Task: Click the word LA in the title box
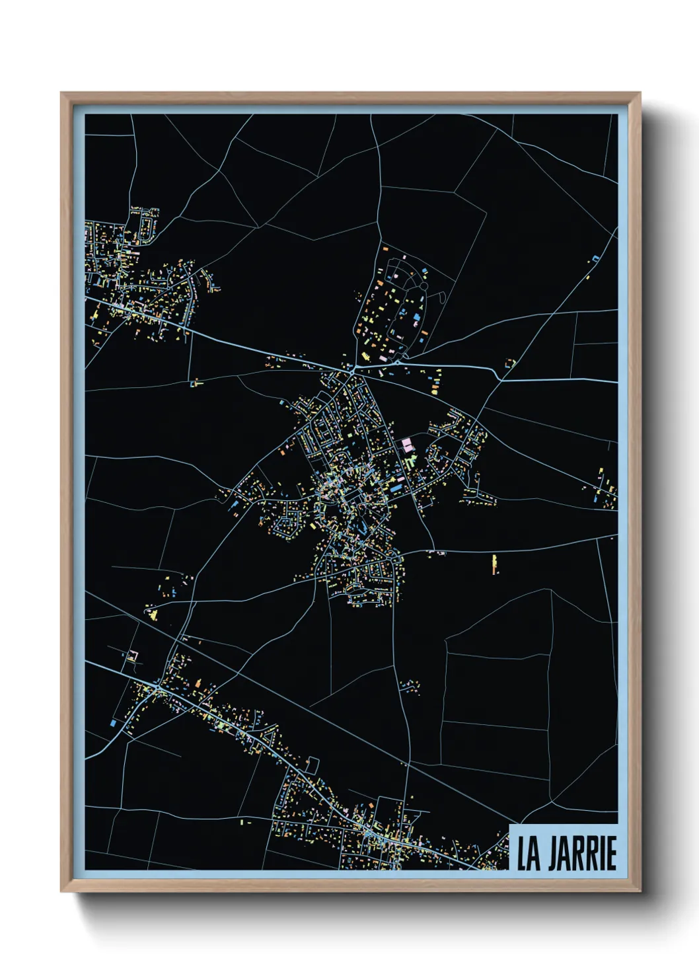click(x=528, y=854)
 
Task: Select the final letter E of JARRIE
click(x=612, y=854)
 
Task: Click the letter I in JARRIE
click(x=601, y=854)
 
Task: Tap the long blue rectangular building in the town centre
click(x=395, y=488)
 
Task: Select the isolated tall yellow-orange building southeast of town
click(x=495, y=564)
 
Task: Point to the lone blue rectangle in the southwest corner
click(x=113, y=724)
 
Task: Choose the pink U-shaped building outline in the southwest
click(x=133, y=657)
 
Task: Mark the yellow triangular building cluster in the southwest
click(x=153, y=615)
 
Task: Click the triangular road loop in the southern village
click(x=311, y=767)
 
